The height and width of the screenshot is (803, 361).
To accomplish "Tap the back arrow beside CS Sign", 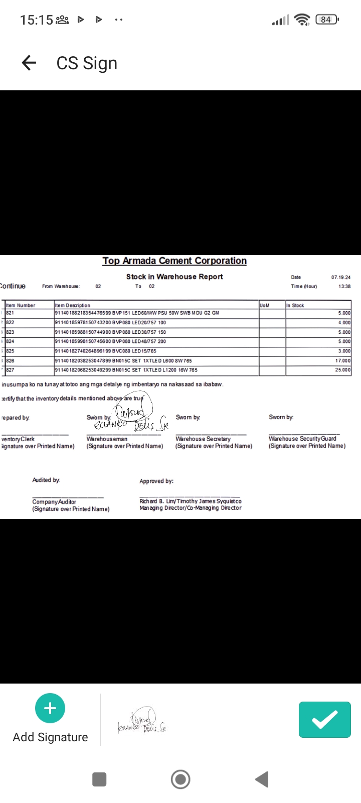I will [x=29, y=63].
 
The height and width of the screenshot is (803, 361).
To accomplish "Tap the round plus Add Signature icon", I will [x=50, y=708].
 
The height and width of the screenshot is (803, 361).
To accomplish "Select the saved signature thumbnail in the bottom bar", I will [x=142, y=721].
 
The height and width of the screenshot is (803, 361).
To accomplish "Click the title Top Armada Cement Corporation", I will [x=174, y=261].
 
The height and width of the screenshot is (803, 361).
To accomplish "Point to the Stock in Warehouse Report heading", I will [x=174, y=277].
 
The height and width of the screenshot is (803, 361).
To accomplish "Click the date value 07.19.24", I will [x=341, y=277].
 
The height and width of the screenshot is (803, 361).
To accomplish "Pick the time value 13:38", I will [x=344, y=287].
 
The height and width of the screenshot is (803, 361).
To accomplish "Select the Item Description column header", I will [x=73, y=305].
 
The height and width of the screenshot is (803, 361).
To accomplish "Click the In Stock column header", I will [x=295, y=305].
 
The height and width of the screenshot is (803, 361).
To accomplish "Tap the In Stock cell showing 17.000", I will [x=343, y=361].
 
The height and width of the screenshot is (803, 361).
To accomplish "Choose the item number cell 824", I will [x=11, y=341].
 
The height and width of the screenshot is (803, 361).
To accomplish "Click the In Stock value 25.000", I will [x=343, y=370].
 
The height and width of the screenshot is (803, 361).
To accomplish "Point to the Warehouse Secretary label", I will [x=203, y=439].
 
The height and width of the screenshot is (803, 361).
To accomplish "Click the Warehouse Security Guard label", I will [x=302, y=439].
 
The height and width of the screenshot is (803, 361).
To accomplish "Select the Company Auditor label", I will [x=54, y=502].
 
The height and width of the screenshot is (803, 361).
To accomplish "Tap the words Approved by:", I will [x=156, y=481].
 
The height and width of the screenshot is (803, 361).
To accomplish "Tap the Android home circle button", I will [x=180, y=779].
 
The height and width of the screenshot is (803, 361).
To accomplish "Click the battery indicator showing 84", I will [x=326, y=20].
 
